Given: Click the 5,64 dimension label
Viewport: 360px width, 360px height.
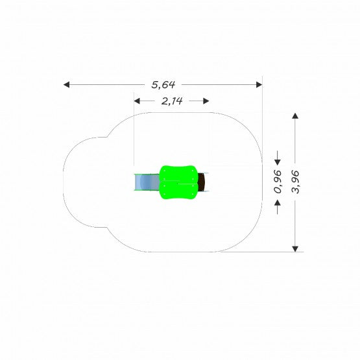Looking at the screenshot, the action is pyautogui.click(x=163, y=85).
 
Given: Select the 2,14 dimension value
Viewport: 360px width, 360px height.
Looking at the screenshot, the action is pyautogui.click(x=172, y=101).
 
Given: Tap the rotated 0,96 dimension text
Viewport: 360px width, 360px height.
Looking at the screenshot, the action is pyautogui.click(x=278, y=182).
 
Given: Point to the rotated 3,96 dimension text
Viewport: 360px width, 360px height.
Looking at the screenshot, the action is pyautogui.click(x=295, y=182).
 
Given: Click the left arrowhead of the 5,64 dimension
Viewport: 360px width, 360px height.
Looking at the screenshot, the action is pyautogui.click(x=66, y=85).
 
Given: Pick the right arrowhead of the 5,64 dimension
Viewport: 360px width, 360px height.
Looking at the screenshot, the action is pyautogui.click(x=259, y=85).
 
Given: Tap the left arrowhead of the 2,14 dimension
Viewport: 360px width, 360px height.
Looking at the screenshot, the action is pyautogui.click(x=137, y=101).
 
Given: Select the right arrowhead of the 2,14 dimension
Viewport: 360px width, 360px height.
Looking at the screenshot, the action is pyautogui.click(x=206, y=101).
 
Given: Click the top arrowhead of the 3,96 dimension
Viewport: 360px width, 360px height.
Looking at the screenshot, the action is pyautogui.click(x=295, y=115).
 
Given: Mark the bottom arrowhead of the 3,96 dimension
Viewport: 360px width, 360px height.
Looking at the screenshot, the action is pyautogui.click(x=295, y=249).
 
